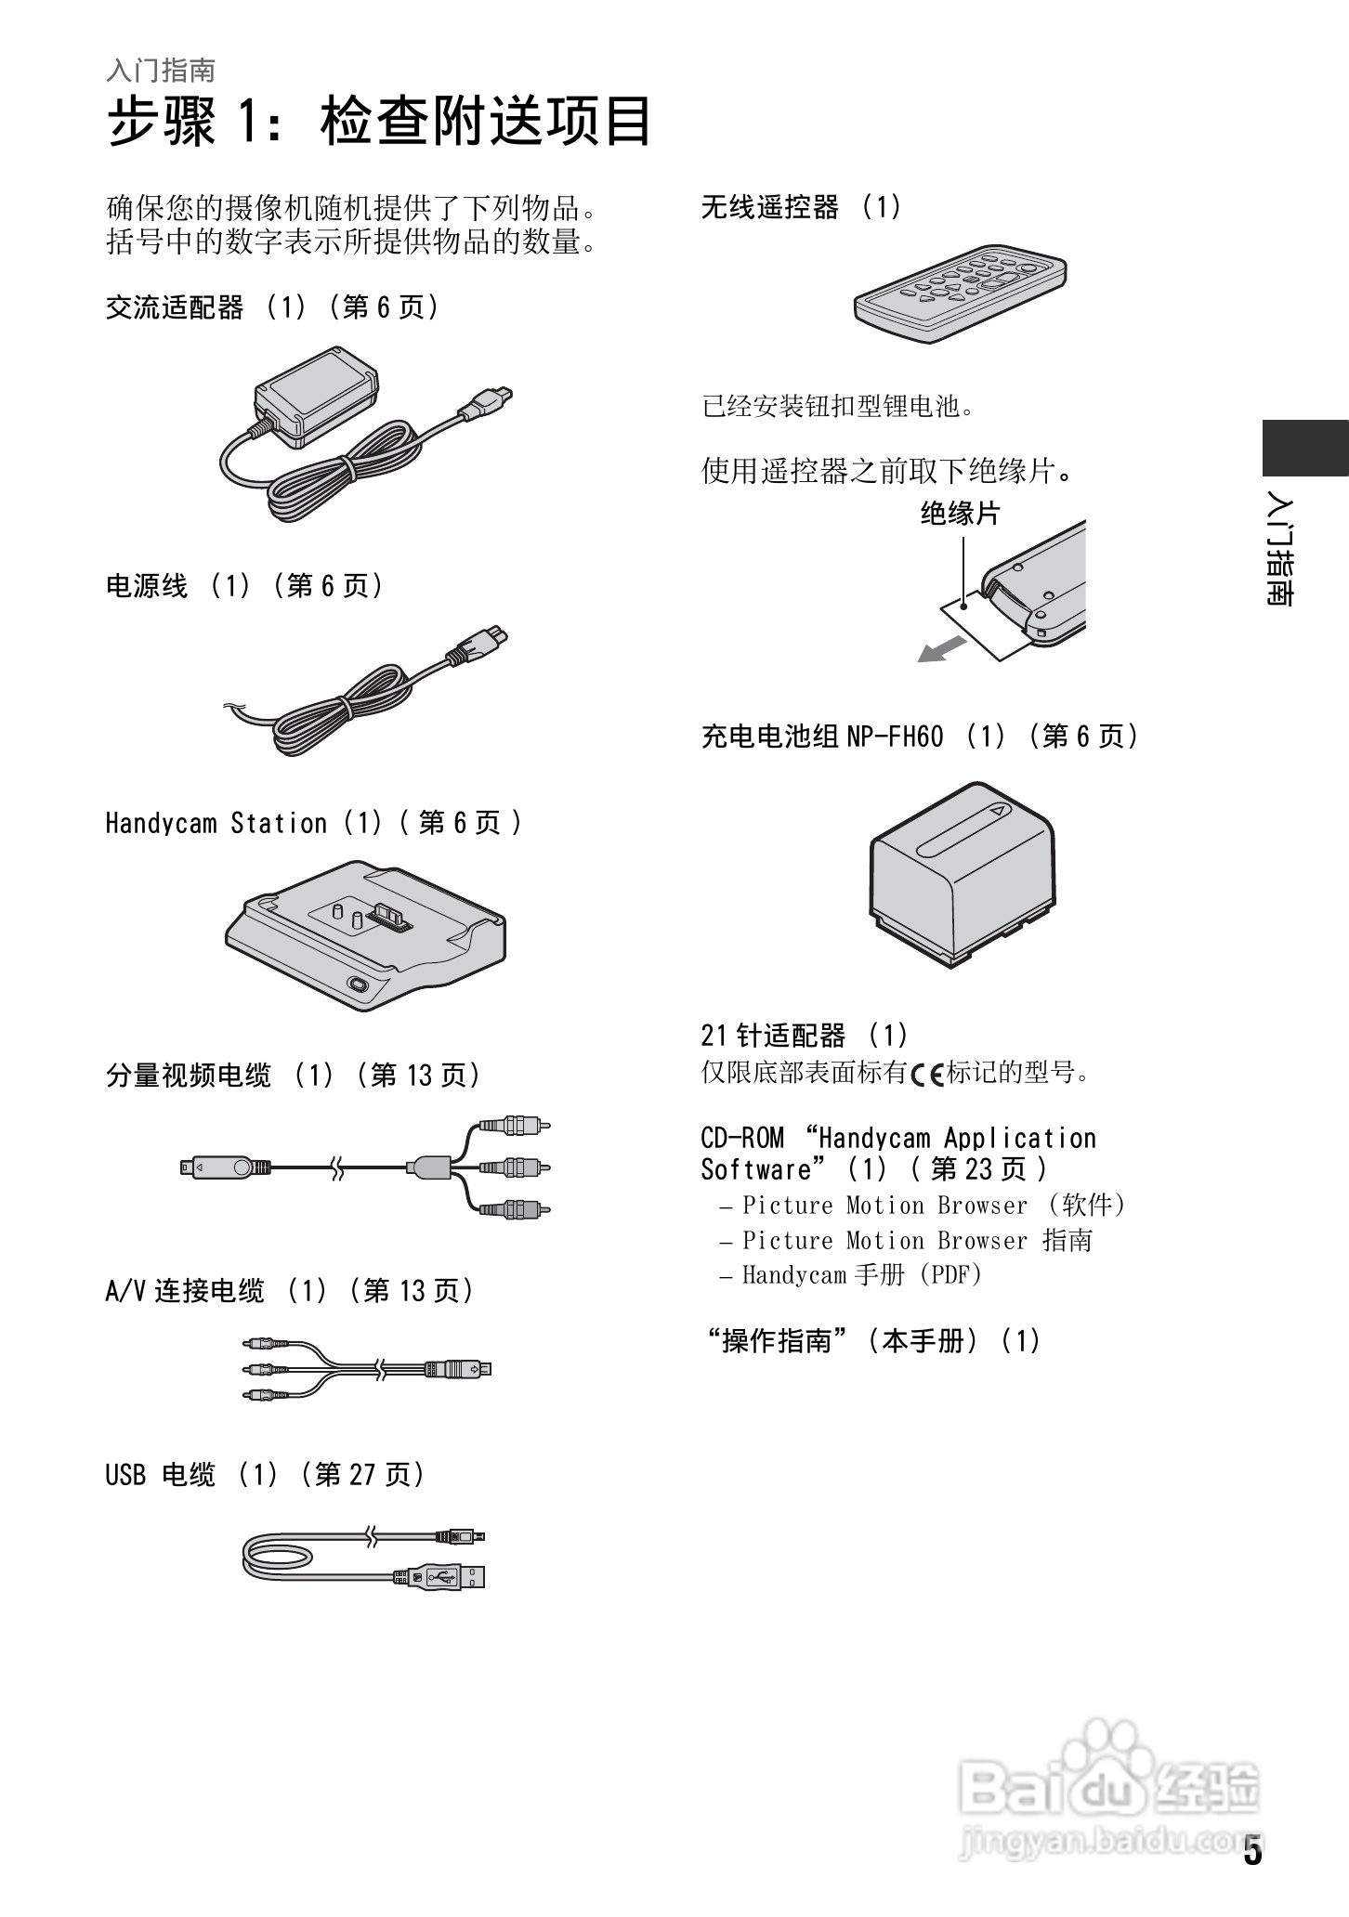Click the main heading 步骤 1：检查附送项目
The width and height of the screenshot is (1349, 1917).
coord(379,122)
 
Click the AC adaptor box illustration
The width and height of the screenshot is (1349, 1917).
coord(318,395)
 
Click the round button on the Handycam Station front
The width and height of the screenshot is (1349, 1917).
coord(357,985)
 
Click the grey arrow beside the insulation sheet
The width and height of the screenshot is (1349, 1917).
coord(942,649)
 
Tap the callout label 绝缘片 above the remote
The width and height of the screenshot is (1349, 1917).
coord(960,514)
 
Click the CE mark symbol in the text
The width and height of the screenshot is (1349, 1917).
coord(926,1075)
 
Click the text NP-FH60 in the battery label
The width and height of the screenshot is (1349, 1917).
coord(895,737)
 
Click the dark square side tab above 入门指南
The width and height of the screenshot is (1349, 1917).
coord(1303,448)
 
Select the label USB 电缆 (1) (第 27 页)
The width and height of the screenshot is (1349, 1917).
coord(265,1474)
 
